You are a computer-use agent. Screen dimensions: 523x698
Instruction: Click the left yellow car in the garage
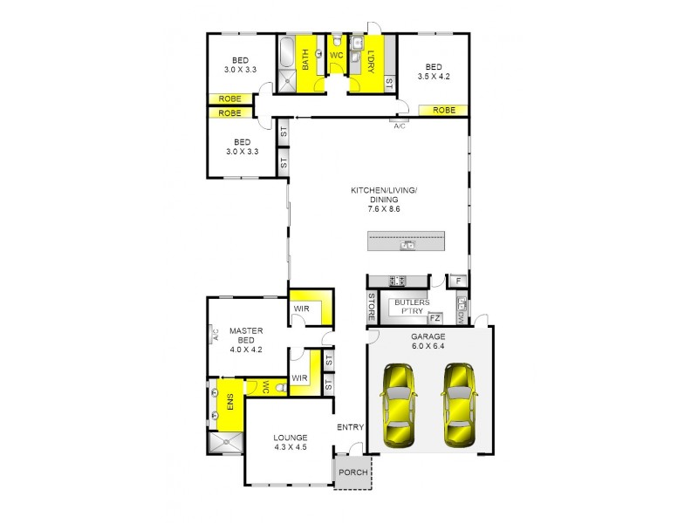point(398,405)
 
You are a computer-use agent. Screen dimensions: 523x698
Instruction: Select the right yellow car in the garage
point(460,405)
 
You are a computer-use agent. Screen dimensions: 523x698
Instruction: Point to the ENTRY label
point(350,427)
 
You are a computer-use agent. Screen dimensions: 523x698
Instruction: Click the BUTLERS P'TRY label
point(410,307)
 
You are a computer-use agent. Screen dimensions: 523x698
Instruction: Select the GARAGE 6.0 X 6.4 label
point(428,341)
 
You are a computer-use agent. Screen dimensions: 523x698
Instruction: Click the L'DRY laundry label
point(370,60)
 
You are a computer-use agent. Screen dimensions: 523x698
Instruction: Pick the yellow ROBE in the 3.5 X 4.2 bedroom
point(443,111)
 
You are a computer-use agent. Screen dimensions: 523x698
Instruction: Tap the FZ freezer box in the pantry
point(435,318)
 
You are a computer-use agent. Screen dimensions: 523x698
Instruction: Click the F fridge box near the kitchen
point(456,282)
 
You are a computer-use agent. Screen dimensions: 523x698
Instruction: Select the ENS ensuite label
point(230,405)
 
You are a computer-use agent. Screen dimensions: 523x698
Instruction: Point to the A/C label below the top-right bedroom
point(400,127)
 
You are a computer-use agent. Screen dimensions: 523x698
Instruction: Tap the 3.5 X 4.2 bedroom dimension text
point(434,77)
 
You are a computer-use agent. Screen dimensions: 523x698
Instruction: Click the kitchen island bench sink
point(406,246)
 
